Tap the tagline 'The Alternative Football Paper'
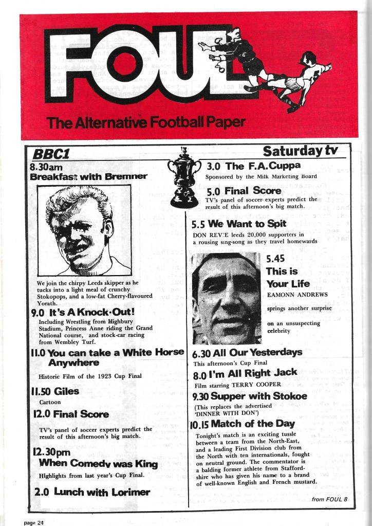coord(145,122)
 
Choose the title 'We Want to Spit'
coord(254,224)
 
